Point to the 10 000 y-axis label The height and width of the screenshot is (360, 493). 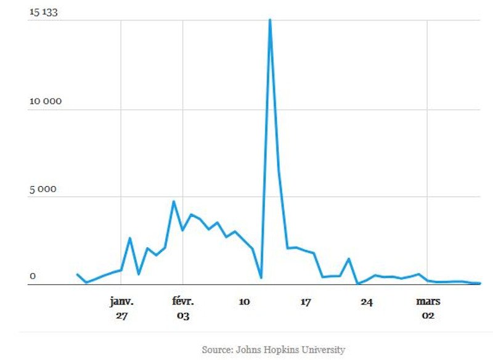[x=46, y=102]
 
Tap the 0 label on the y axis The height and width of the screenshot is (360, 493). [x=33, y=277]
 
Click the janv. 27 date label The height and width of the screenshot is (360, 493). [x=121, y=308]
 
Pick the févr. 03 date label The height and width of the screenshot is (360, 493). [x=182, y=308]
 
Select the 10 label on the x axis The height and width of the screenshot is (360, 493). [x=244, y=301]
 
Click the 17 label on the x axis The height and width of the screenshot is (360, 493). [x=305, y=301]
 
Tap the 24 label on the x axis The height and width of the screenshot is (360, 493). [x=367, y=301]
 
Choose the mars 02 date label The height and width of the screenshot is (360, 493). [x=428, y=308]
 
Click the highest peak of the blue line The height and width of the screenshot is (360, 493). [x=270, y=20]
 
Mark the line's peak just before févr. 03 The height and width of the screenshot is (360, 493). [x=174, y=202]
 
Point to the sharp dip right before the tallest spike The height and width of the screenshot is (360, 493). [x=261, y=277]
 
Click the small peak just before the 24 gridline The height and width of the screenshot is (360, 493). [x=349, y=259]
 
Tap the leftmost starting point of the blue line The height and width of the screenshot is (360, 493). [x=77, y=274]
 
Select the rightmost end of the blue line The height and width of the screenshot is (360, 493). [x=479, y=283]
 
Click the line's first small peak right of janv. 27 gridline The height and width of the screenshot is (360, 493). [x=130, y=238]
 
